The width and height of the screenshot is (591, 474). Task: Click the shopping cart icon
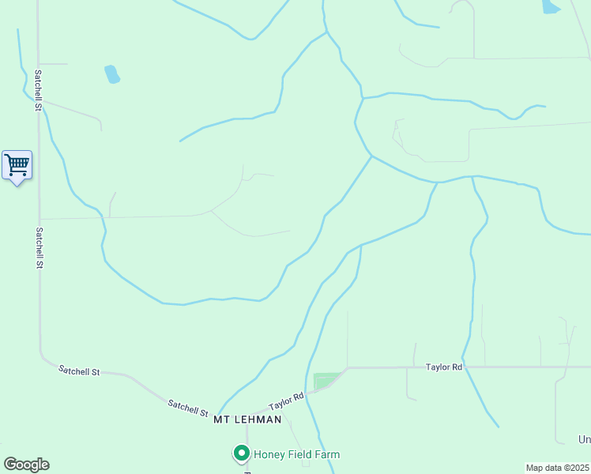pyautogui.click(x=17, y=165)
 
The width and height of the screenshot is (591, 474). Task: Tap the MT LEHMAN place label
pyautogui.click(x=247, y=419)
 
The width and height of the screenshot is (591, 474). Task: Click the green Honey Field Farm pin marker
pyautogui.click(x=241, y=453)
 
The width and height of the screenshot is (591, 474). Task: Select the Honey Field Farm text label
pyautogui.click(x=296, y=454)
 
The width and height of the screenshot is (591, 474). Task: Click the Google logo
pyautogui.click(x=26, y=465)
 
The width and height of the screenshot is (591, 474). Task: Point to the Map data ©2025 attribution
pyautogui.click(x=557, y=468)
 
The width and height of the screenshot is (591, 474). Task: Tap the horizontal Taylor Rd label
pyautogui.click(x=443, y=367)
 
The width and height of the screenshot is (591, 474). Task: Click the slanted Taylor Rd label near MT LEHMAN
pyautogui.click(x=286, y=401)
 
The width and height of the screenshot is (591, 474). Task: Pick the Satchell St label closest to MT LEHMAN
pyautogui.click(x=187, y=408)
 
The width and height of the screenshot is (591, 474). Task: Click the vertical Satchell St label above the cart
pyautogui.click(x=37, y=91)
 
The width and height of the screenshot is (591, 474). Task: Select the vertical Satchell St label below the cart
pyautogui.click(x=38, y=248)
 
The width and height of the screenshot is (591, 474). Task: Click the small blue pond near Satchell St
pyautogui.click(x=111, y=74)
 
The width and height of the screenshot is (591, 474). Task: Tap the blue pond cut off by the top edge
pyautogui.click(x=550, y=6)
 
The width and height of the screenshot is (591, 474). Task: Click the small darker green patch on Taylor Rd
pyautogui.click(x=327, y=381)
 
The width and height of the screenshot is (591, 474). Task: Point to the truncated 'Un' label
pyautogui.click(x=584, y=439)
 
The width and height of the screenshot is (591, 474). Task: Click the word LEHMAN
pyautogui.click(x=257, y=419)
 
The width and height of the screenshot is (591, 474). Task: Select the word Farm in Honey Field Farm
pyautogui.click(x=326, y=454)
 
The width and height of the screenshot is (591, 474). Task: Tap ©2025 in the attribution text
pyautogui.click(x=574, y=468)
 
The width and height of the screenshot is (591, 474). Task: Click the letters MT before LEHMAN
pyautogui.click(x=221, y=419)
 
